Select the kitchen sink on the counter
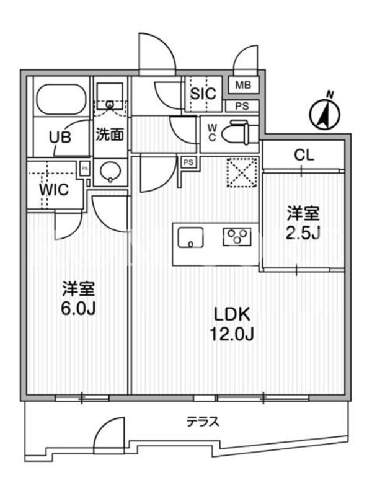click(190, 237)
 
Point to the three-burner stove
click(237, 237)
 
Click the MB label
click(243, 85)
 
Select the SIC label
click(203, 94)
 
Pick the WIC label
click(54, 190)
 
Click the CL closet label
click(304, 155)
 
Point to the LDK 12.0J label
click(232, 324)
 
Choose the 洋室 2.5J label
click(303, 223)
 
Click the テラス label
click(203, 422)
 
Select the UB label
click(60, 137)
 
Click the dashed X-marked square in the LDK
click(242, 172)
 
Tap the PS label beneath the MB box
click(242, 106)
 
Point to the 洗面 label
click(110, 135)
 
